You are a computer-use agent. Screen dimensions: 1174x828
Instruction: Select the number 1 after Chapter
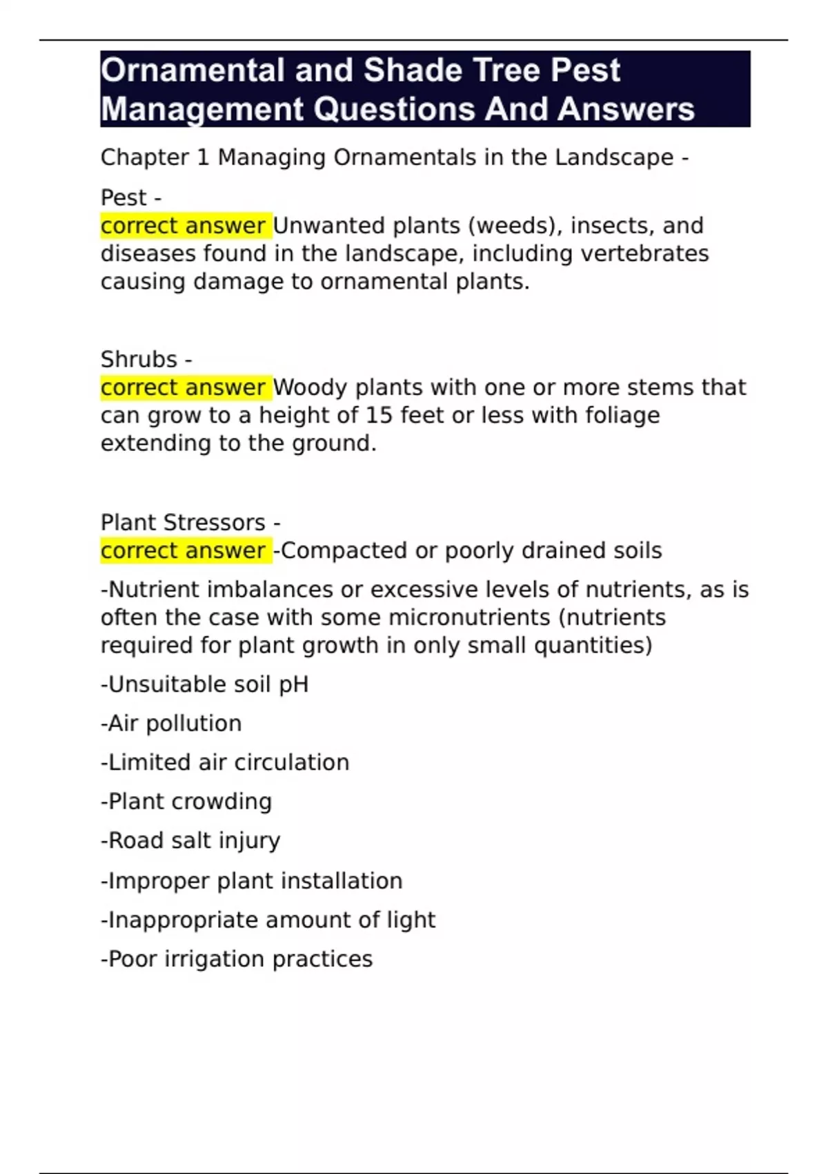[x=202, y=157]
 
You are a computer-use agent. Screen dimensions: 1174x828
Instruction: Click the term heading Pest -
[x=131, y=198]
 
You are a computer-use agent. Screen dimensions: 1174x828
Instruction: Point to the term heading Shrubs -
[x=146, y=359]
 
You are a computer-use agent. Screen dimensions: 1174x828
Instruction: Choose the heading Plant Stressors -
[x=190, y=522]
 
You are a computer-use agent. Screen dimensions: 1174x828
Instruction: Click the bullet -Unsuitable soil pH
[x=205, y=684]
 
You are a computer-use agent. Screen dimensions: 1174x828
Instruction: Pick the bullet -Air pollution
[x=171, y=723]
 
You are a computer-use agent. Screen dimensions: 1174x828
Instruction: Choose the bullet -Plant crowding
[x=186, y=801]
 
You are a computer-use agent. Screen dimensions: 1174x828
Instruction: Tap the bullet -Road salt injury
[x=190, y=840]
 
